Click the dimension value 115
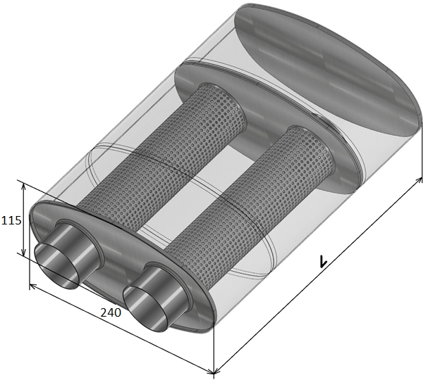[11, 220]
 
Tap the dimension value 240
[111, 312]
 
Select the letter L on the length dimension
[323, 261]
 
